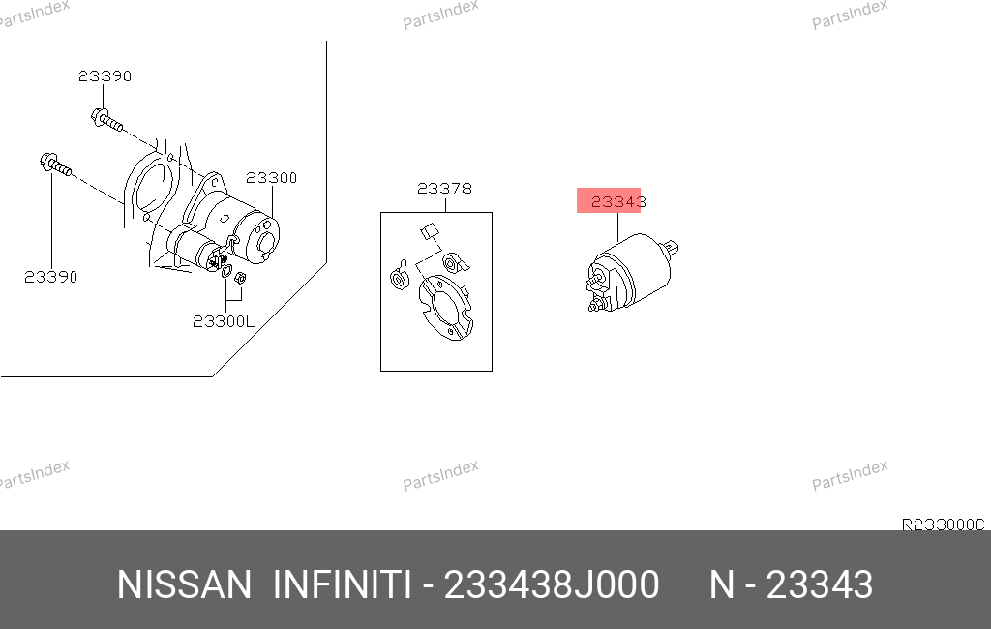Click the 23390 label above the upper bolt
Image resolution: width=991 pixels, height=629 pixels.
tap(105, 76)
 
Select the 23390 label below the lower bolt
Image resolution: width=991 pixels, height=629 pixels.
tap(50, 277)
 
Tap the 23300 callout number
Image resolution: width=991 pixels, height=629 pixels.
tap(271, 178)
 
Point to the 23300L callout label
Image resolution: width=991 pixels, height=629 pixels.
tap(224, 322)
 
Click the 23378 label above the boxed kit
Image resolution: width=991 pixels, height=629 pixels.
tap(444, 189)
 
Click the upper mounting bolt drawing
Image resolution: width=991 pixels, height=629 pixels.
tap(106, 119)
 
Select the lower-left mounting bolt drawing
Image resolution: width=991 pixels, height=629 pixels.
tap(55, 165)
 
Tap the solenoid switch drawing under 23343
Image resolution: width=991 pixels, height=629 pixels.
tap(631, 272)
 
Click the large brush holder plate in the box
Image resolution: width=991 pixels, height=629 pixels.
tap(445, 307)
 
